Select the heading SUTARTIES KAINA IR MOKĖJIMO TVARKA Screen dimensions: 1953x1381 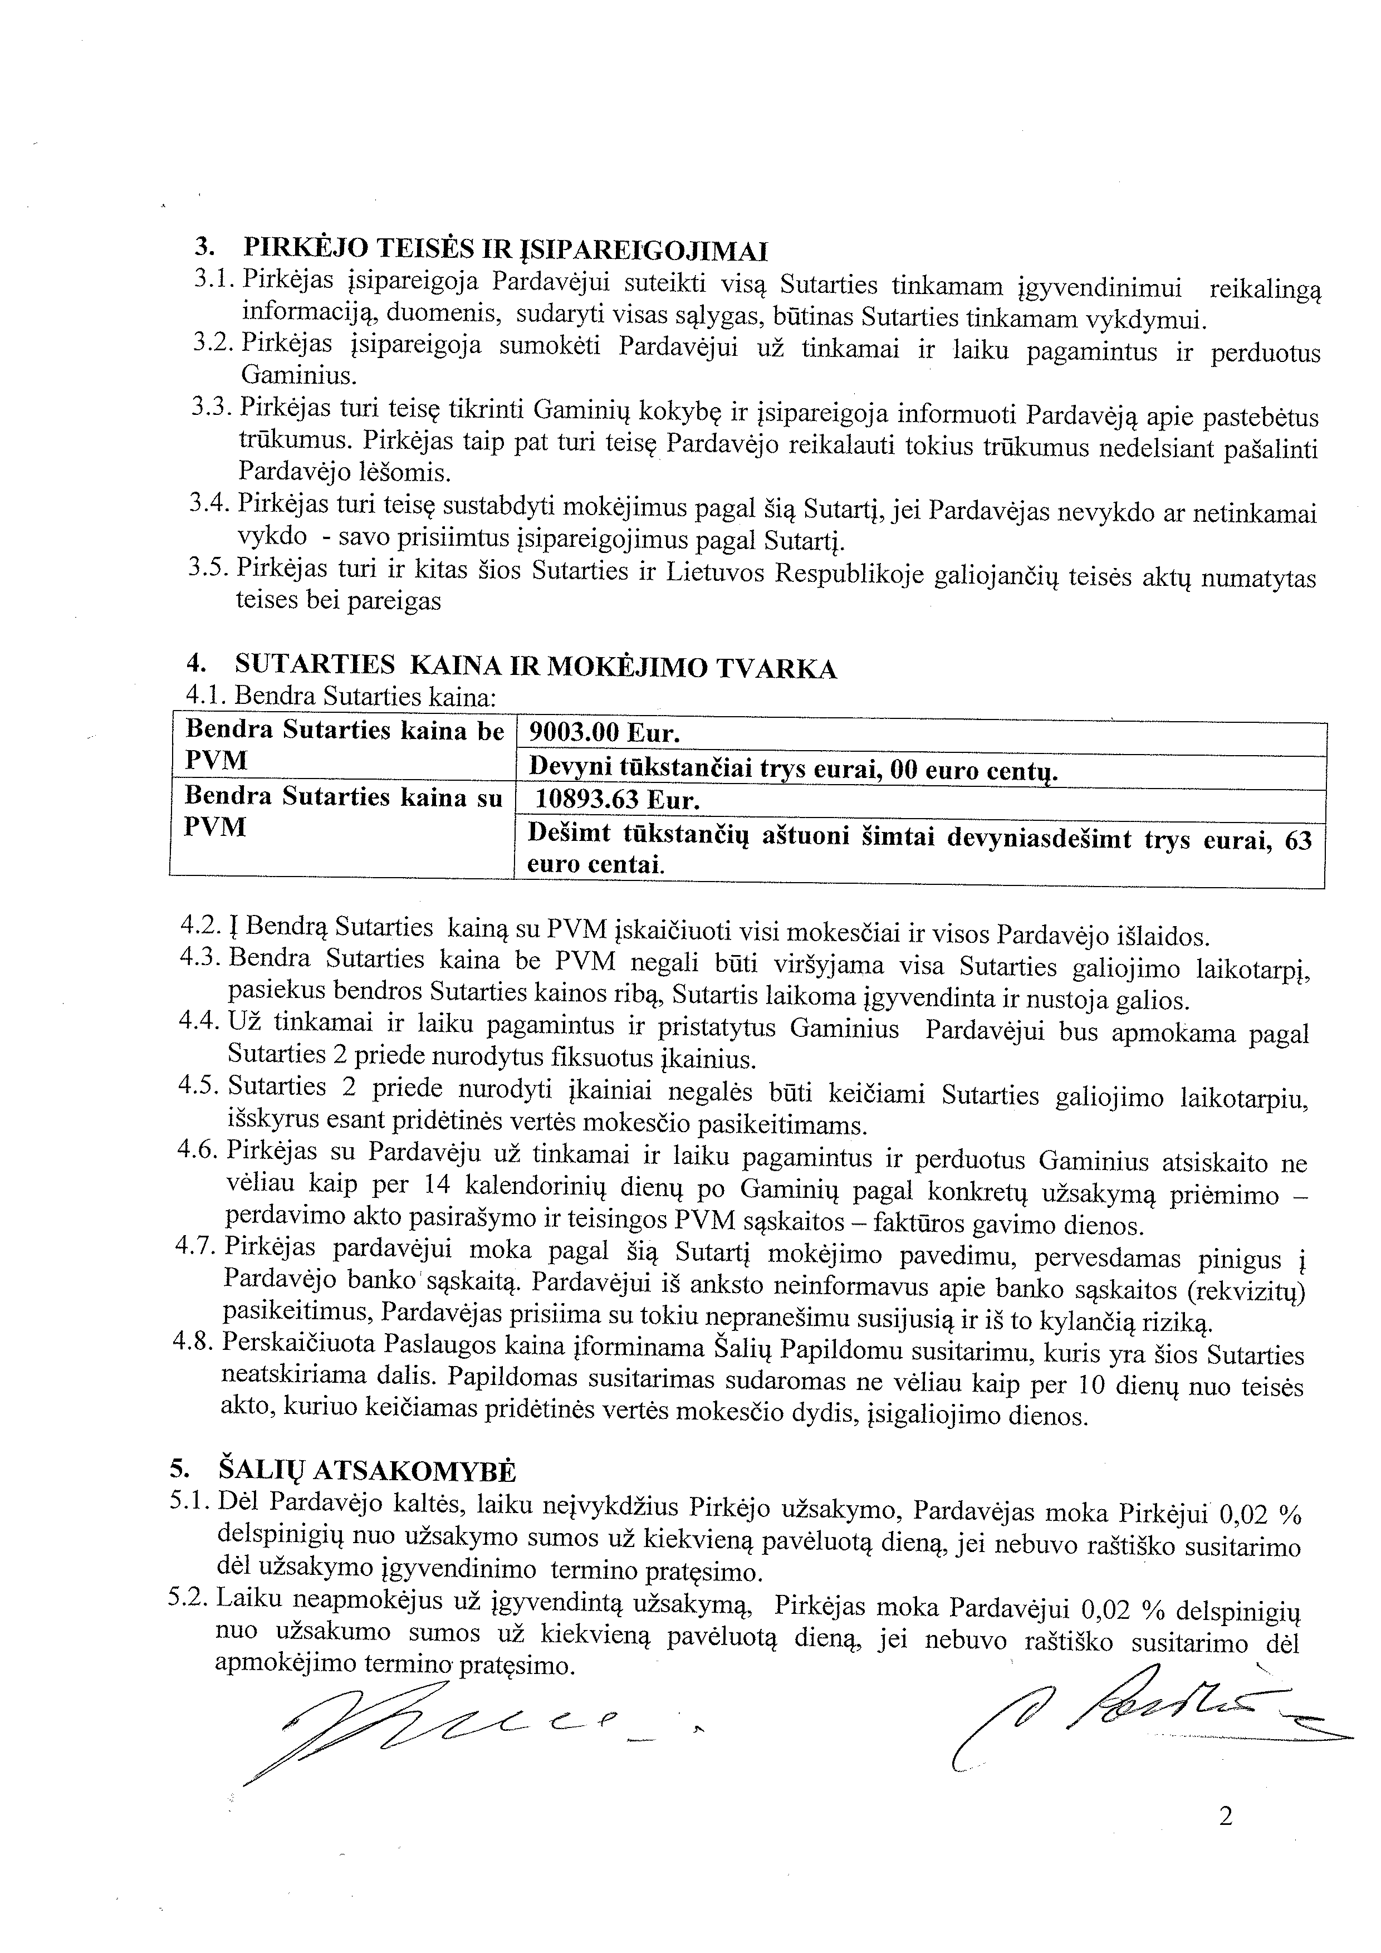pos(536,668)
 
